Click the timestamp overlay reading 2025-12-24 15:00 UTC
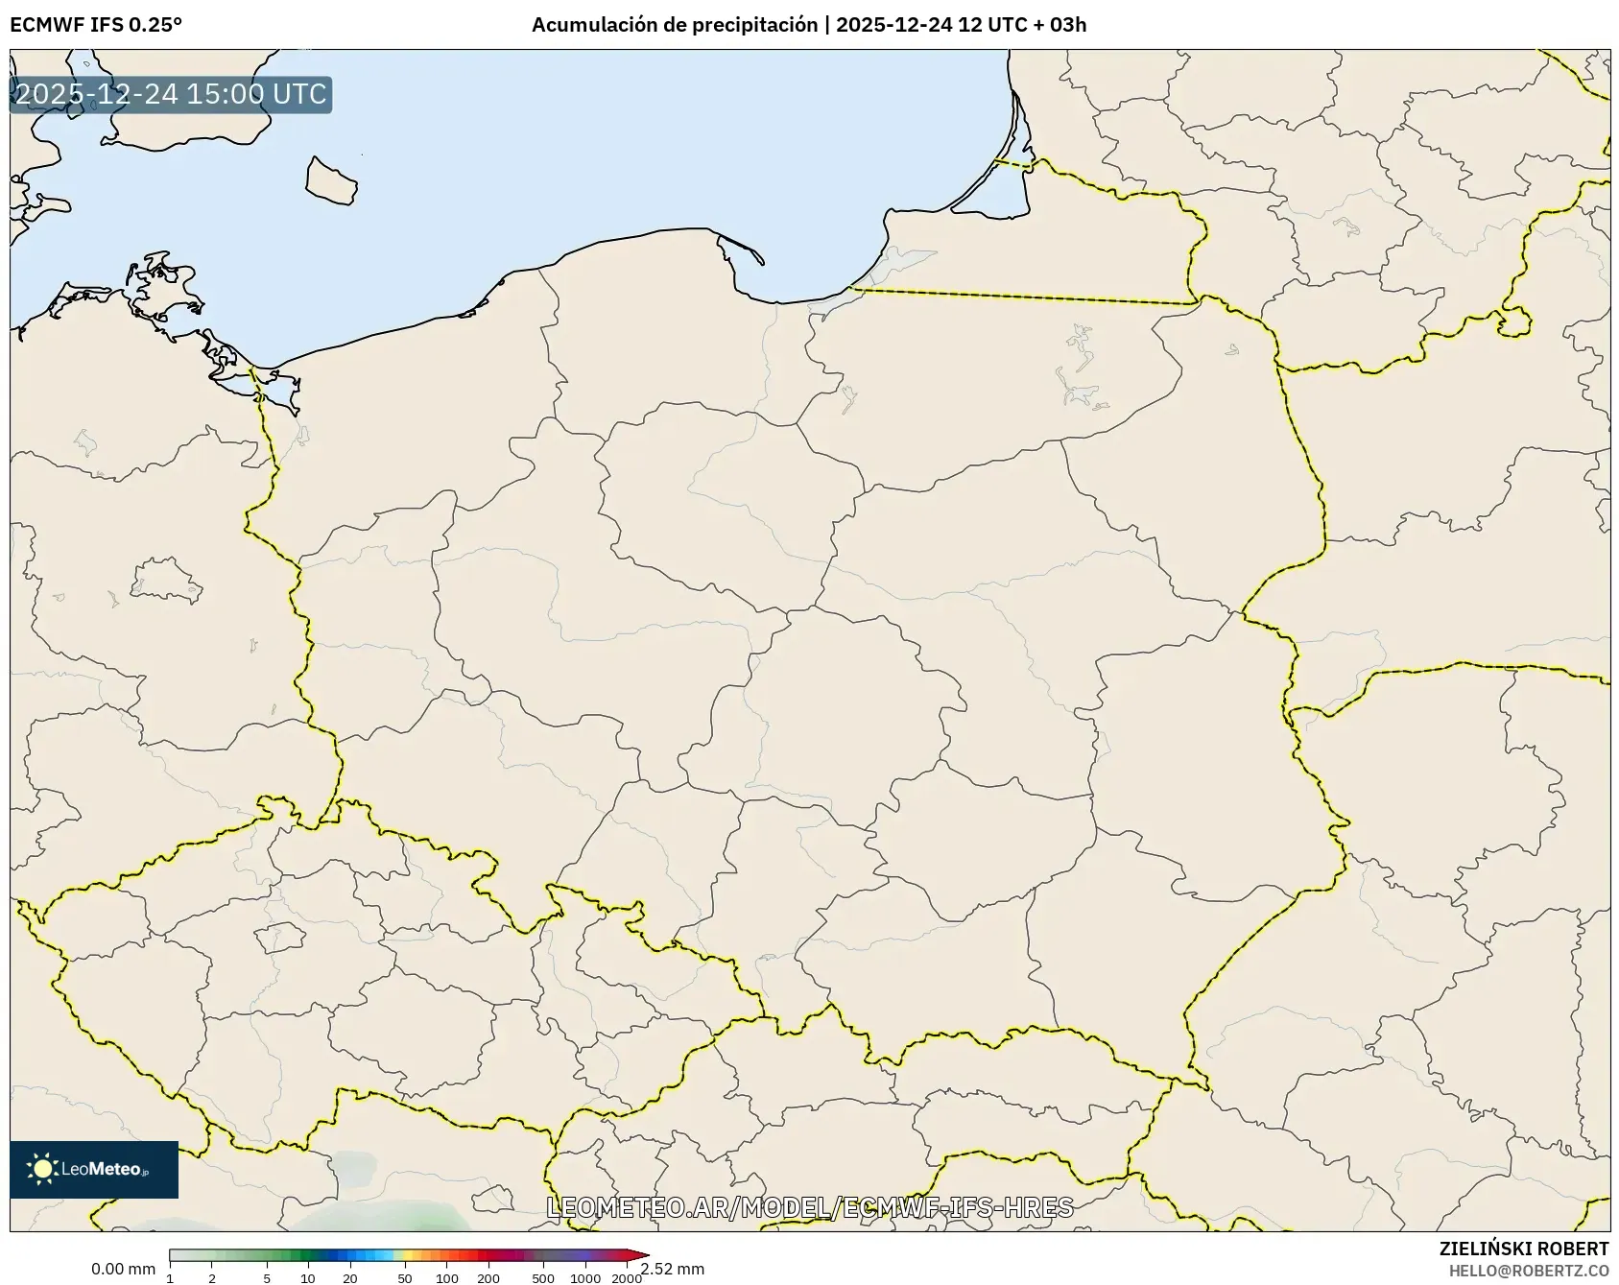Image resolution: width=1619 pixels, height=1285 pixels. point(171,94)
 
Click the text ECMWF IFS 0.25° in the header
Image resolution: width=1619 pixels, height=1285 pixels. point(95,25)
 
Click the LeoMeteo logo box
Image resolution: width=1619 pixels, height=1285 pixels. point(94,1169)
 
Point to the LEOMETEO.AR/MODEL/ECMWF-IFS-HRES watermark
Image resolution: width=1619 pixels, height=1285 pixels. point(809,1207)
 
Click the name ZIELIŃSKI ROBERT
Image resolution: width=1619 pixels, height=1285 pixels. point(1523,1249)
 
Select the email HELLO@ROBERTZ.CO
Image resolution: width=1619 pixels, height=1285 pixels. point(1528,1271)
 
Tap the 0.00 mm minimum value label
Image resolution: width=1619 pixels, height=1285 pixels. point(123,1270)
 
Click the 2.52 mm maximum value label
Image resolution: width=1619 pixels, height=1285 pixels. point(674,1270)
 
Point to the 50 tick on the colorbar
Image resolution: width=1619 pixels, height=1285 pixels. point(405,1278)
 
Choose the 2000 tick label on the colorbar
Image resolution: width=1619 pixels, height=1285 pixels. point(627,1278)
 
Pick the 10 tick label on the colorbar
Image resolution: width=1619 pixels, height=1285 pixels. point(307,1278)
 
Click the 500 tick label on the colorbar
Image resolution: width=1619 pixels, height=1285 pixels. point(543,1278)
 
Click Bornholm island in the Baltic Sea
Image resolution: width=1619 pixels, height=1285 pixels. point(330,180)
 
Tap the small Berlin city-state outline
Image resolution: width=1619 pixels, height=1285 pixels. point(165,582)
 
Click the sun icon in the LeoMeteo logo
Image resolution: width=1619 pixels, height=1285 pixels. point(42,1169)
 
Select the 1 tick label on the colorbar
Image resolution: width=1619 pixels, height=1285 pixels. point(170,1278)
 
